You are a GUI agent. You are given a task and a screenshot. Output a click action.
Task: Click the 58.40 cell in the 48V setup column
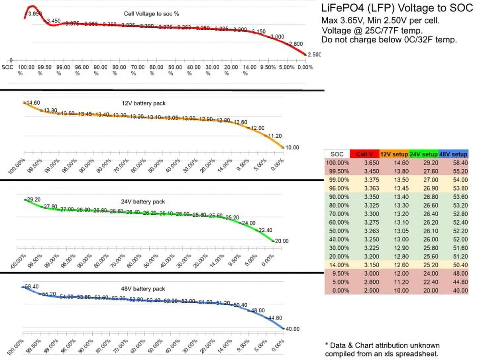(460, 163)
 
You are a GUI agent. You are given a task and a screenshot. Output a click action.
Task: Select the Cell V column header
(364, 154)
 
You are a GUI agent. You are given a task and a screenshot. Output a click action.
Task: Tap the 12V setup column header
(394, 154)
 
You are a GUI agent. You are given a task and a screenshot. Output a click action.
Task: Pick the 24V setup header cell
(423, 154)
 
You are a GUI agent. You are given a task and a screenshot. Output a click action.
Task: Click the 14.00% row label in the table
(339, 265)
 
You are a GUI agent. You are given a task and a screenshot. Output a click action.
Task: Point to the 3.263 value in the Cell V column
(371, 231)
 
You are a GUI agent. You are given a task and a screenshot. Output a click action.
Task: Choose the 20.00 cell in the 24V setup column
(431, 291)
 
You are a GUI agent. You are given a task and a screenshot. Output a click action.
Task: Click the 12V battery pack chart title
(143, 103)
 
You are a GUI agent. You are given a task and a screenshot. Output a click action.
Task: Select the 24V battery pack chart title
(143, 202)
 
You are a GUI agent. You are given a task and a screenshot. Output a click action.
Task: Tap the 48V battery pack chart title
(143, 289)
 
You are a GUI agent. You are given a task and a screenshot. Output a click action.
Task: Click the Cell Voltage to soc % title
(151, 14)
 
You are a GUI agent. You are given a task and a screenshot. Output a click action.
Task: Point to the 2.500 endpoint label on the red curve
(314, 55)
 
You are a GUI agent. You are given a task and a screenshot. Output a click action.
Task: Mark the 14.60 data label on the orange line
(33, 103)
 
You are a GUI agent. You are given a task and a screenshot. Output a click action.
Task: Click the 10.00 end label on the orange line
(292, 148)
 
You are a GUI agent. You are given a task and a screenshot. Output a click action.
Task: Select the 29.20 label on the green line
(33, 200)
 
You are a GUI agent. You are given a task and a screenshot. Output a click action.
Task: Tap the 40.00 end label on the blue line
(292, 329)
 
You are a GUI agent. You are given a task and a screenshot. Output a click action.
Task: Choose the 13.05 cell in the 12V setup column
(401, 231)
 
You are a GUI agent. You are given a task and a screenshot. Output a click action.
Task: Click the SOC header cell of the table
(337, 154)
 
